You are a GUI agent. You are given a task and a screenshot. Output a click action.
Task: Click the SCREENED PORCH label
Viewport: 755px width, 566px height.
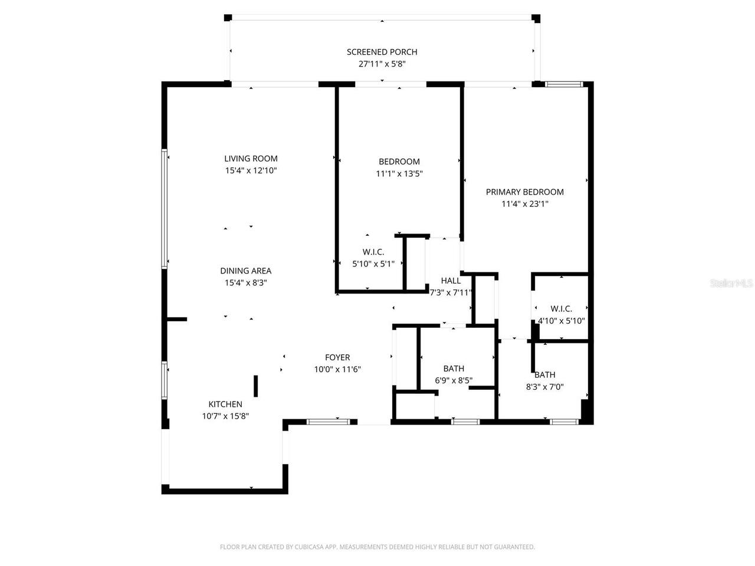point(382,52)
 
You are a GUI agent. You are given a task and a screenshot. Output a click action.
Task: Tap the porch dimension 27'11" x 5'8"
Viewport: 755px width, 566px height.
point(382,64)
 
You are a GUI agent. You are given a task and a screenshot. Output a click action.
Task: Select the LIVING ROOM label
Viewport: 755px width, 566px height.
point(251,159)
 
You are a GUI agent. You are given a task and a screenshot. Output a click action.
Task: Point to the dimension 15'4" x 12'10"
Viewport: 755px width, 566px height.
point(251,170)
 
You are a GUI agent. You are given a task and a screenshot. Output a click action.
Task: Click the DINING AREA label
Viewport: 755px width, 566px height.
point(245,271)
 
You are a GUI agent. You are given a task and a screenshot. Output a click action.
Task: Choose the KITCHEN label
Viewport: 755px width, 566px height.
point(225,404)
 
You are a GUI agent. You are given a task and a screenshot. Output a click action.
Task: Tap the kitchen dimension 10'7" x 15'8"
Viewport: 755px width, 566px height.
point(225,416)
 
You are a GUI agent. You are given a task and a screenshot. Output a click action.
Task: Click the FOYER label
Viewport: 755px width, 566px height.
point(337,358)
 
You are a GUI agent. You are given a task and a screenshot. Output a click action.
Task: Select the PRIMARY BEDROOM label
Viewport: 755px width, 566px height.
point(524,192)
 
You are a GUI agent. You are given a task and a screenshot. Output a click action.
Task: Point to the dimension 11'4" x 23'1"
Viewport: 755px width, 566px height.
point(524,204)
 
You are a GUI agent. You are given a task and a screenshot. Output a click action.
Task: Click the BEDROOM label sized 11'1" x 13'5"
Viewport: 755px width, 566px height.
point(399,162)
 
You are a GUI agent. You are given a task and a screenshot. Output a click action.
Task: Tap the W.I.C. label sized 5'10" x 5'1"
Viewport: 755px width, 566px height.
point(373,252)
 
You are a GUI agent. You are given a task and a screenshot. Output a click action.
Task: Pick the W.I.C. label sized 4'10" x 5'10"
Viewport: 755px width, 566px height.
point(561,309)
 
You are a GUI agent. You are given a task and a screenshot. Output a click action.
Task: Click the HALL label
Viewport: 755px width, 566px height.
point(451,281)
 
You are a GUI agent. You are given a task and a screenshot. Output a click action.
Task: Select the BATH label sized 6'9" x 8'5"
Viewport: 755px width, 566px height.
point(454,369)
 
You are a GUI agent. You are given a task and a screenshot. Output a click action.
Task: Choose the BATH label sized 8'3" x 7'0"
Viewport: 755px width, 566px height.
point(544,375)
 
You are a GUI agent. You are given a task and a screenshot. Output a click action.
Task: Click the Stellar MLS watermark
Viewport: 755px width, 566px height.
point(731,284)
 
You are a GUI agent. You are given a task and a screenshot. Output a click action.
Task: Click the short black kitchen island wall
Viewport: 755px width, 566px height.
point(256,386)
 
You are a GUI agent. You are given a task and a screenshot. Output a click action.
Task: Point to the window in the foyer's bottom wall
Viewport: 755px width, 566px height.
point(329,422)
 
